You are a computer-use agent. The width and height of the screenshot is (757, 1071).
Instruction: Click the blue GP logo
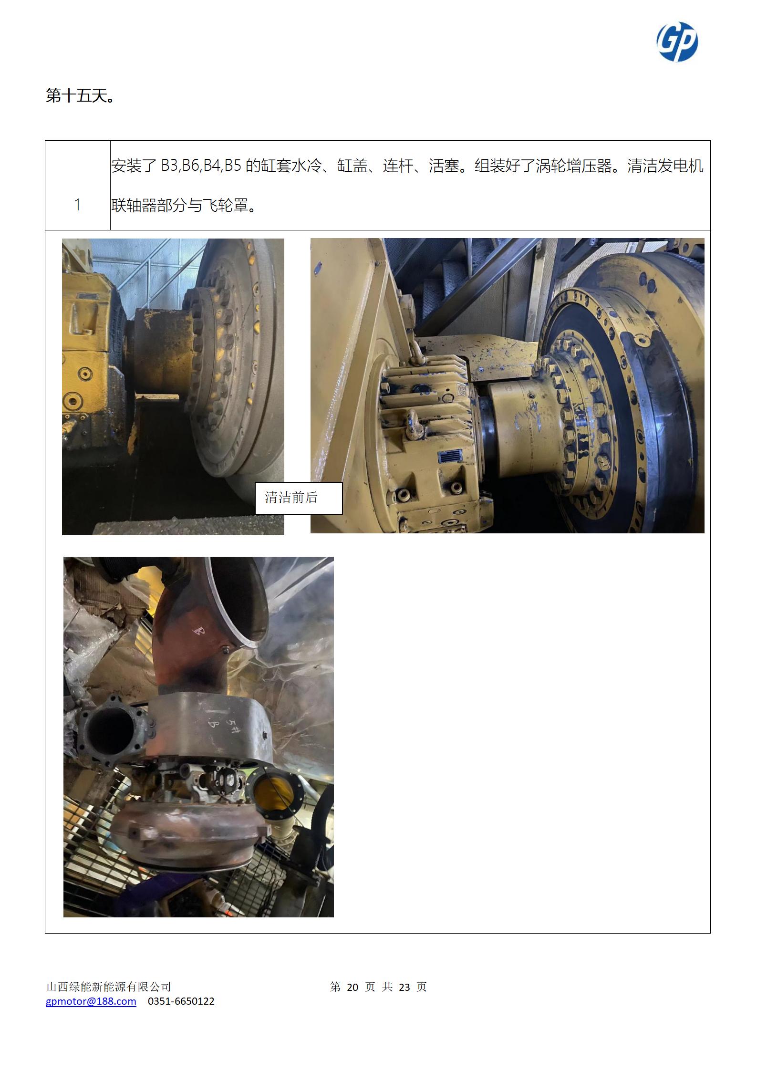click(x=677, y=42)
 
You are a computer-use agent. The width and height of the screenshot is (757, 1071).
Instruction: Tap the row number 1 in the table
click(x=77, y=205)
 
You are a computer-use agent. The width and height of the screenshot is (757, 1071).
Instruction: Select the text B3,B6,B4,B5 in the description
click(x=200, y=166)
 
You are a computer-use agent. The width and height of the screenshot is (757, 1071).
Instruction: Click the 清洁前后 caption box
click(x=299, y=498)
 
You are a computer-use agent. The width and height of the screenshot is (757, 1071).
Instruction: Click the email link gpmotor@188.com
click(x=91, y=1001)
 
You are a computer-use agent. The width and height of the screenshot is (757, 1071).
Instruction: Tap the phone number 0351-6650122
click(x=181, y=1001)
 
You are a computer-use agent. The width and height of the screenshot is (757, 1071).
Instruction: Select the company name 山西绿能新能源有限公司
click(x=109, y=987)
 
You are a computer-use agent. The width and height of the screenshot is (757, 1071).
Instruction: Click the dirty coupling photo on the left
click(x=173, y=387)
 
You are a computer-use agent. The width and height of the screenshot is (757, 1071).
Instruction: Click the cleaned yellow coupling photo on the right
click(x=508, y=385)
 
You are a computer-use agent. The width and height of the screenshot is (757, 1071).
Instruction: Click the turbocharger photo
click(x=198, y=737)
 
